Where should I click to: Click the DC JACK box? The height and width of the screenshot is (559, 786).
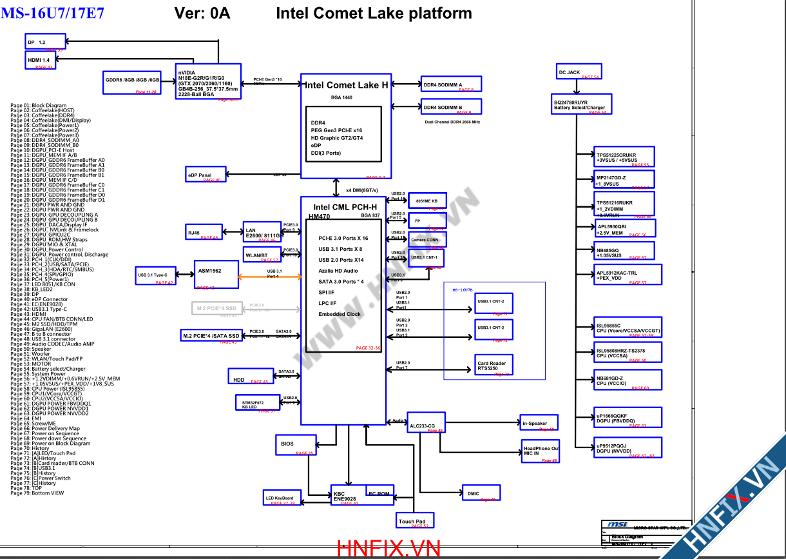[x=578, y=72]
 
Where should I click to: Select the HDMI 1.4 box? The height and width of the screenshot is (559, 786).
[x=40, y=61]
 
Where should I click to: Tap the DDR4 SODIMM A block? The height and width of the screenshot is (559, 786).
[x=449, y=84]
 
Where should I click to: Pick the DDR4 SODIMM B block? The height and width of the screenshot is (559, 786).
[x=449, y=108]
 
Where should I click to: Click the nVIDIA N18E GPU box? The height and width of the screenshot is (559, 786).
[x=207, y=82]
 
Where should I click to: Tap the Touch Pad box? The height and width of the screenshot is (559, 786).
[x=414, y=520]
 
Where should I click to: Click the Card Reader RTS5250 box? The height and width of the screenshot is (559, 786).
[x=494, y=365]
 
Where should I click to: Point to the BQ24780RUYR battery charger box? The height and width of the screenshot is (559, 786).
[x=579, y=105]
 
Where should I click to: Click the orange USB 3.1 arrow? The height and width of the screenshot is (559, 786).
[x=270, y=277]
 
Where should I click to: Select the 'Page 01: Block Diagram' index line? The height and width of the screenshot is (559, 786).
[x=39, y=105]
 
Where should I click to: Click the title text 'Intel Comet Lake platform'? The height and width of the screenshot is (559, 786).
[x=374, y=13]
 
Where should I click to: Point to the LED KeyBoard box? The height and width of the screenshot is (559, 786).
[x=282, y=498]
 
